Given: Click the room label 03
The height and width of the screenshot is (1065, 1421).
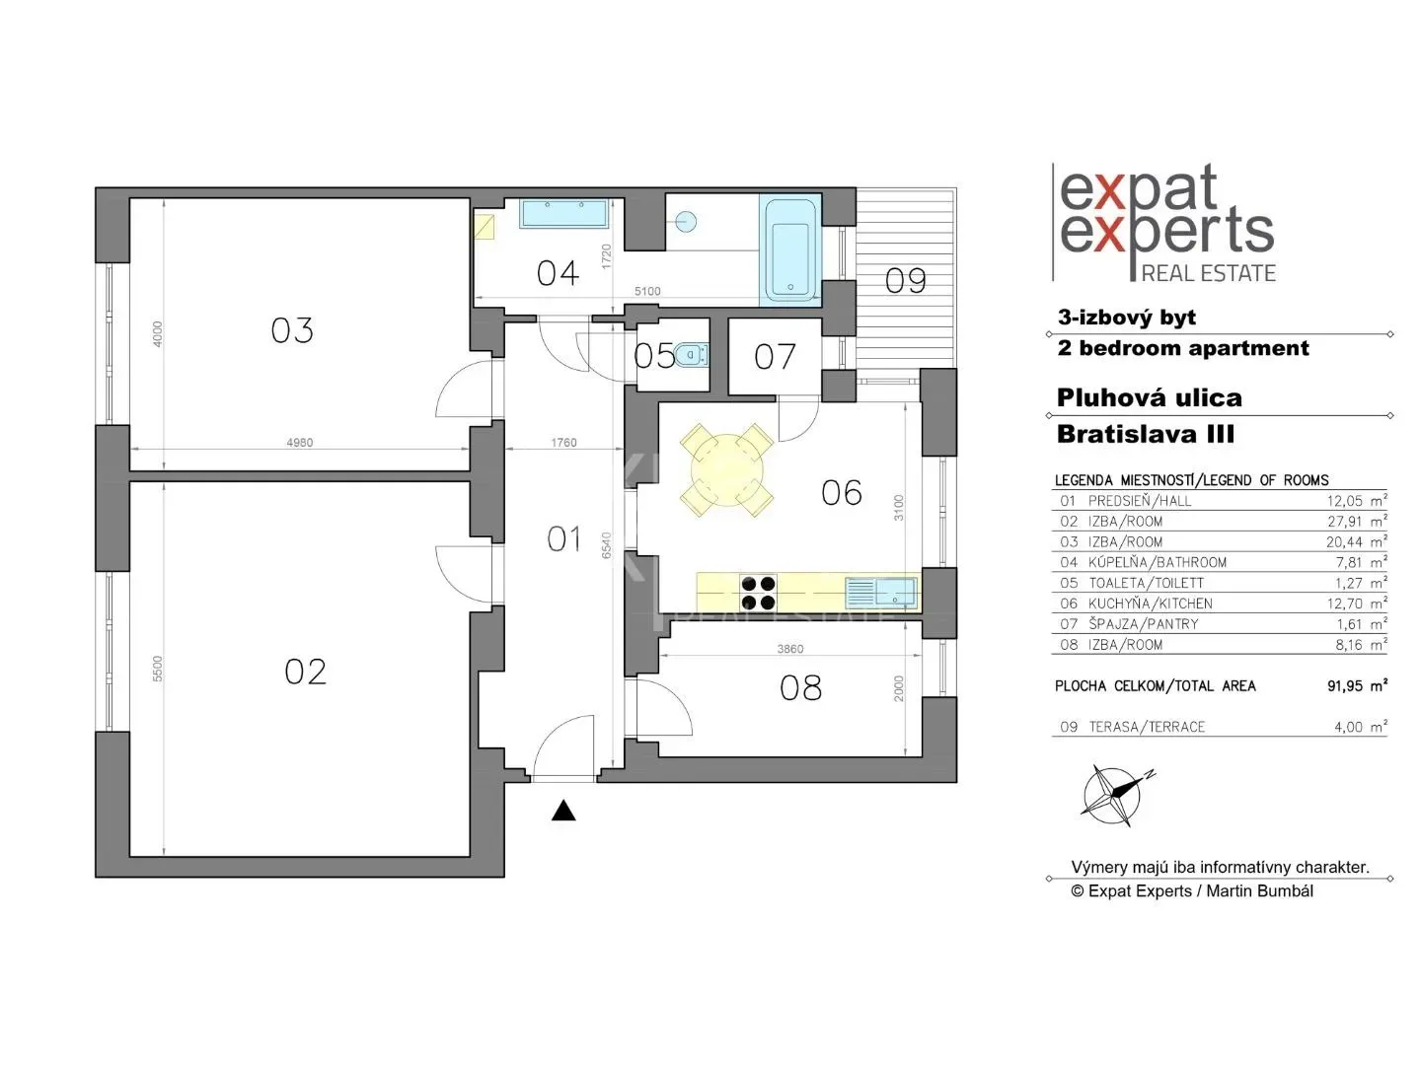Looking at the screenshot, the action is coord(292,330).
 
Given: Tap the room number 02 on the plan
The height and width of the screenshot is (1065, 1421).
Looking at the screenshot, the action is coord(305,672).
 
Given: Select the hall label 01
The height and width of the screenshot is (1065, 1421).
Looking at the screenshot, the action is coord(563,538).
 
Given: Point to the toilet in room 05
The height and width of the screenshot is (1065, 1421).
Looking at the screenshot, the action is coord(691,354).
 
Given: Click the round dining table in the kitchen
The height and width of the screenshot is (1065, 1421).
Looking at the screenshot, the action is coord(726,470).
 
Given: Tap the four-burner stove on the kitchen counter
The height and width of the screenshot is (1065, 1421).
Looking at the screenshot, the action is coord(758,593).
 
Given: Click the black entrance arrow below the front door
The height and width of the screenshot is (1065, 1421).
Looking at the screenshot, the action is coord(563,811).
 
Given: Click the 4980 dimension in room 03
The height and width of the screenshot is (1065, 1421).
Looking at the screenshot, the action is coord(299,443).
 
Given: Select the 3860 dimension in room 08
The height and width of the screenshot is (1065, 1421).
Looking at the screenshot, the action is coord(789,649).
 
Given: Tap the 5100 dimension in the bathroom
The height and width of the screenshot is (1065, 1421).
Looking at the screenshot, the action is coord(647,291).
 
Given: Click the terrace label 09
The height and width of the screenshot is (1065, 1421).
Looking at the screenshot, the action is coord(905,281).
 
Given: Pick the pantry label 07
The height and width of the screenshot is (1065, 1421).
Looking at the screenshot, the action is coord(775,357).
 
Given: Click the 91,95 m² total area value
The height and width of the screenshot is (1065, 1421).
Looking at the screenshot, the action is coord(1357,685).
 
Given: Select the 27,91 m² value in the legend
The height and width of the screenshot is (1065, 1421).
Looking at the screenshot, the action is coord(1356,521).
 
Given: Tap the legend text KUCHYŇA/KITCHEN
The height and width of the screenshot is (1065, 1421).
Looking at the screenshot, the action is coord(1150,603).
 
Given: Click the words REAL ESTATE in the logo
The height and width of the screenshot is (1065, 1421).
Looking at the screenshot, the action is coord(1208,273).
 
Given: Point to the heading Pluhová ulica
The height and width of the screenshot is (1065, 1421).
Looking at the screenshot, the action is coord(1149,397).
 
